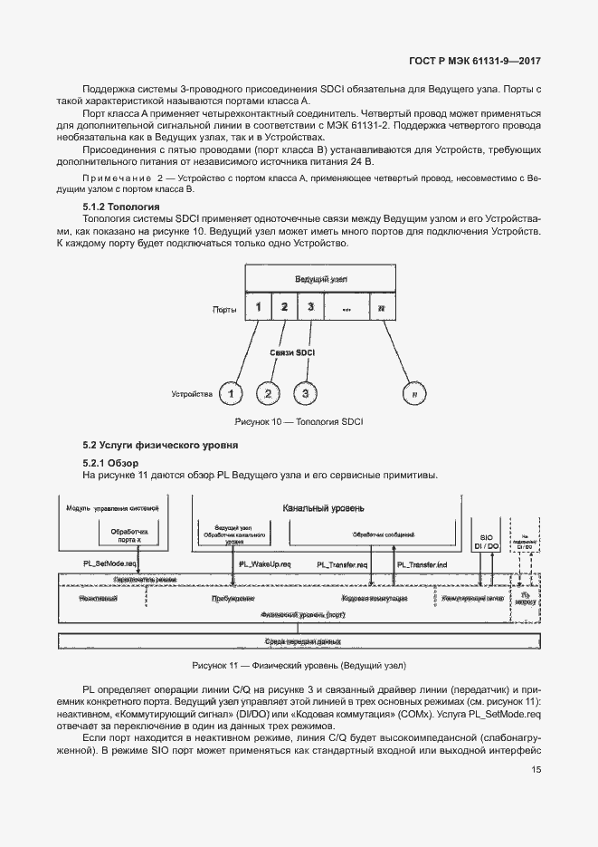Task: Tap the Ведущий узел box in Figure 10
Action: (320, 279)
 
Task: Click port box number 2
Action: (283, 307)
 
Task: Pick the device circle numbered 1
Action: (233, 393)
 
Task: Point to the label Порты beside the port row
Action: (225, 309)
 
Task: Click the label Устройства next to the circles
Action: (192, 394)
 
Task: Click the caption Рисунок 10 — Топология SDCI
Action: (299, 422)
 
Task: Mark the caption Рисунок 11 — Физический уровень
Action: (298, 664)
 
